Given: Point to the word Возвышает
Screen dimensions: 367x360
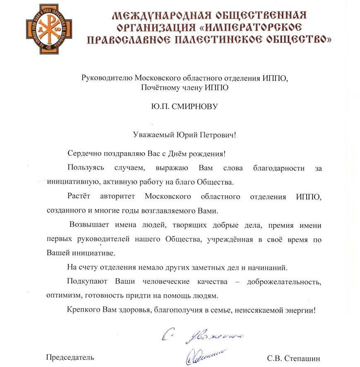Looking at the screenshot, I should click(88, 225).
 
